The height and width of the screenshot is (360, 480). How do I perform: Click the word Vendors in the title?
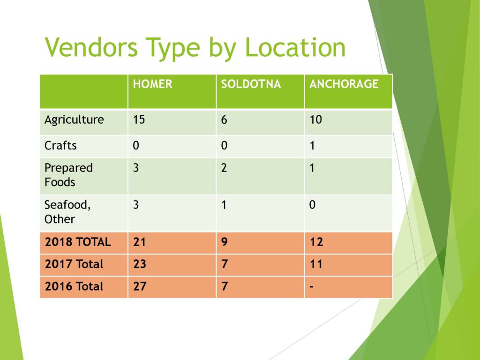click(x=91, y=47)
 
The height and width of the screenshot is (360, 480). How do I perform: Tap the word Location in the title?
click(x=295, y=47)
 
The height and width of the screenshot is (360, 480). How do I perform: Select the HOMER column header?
click(x=152, y=84)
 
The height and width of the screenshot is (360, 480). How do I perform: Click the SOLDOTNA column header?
click(x=251, y=84)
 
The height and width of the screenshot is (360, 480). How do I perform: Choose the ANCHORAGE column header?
click(x=344, y=84)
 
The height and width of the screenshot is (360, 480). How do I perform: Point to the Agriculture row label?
click(x=74, y=120)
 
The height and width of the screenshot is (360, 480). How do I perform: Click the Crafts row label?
click(x=60, y=145)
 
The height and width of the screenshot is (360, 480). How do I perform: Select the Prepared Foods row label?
click(x=68, y=175)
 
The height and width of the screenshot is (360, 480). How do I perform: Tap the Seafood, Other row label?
click(x=67, y=211)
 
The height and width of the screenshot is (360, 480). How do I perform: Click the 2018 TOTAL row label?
click(x=78, y=242)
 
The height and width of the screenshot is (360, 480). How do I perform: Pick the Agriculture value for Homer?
click(x=139, y=120)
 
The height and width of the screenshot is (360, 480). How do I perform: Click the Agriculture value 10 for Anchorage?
click(x=315, y=120)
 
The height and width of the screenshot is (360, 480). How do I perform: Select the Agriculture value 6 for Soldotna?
click(x=224, y=120)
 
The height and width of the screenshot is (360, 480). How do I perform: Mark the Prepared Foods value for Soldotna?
click(x=224, y=168)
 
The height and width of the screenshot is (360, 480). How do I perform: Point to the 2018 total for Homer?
click(x=139, y=242)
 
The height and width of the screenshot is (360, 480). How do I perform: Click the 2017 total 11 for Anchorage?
click(x=316, y=264)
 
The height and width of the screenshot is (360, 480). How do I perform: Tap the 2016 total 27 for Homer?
click(x=140, y=286)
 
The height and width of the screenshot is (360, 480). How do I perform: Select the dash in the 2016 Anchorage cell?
click(x=311, y=287)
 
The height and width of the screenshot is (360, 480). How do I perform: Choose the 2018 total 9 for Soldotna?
click(x=225, y=242)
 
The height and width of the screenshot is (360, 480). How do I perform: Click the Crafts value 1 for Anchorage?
click(x=312, y=145)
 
